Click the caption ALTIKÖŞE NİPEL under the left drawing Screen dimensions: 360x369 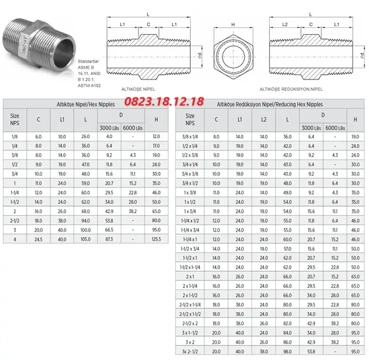tap(139, 90)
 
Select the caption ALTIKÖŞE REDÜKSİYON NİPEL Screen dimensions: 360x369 tap(291, 90)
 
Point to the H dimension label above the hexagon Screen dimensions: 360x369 tap(233, 24)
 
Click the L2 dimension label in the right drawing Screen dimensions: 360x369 tap(285, 24)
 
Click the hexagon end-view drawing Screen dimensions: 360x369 tap(233, 57)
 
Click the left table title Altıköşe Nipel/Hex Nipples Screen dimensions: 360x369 tap(85, 105)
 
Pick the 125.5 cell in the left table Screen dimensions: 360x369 tap(156, 239)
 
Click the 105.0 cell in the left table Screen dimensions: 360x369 tap(85, 239)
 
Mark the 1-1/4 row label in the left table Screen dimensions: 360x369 tap(14, 192)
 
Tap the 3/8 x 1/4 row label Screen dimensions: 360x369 tap(190, 137)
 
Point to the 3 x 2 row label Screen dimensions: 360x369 tap(190, 342)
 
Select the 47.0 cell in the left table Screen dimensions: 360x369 tap(85, 164)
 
